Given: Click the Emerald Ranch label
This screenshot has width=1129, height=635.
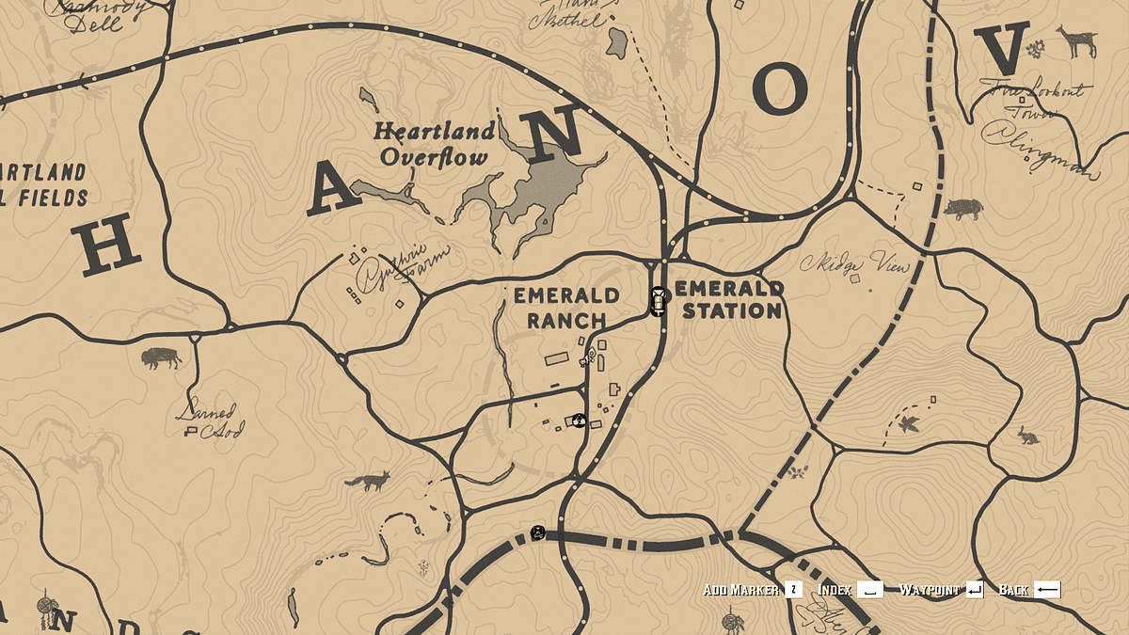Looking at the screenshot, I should [565, 308].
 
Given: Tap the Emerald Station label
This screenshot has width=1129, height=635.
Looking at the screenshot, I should [730, 299].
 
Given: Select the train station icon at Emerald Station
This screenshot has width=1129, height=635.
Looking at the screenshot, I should [659, 302].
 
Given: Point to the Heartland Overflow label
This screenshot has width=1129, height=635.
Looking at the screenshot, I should [434, 144].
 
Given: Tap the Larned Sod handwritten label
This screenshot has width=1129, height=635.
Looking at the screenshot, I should [212, 421].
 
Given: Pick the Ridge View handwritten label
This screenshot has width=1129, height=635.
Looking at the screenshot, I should [855, 265].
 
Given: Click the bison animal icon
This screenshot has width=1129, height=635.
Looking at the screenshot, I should [160, 357].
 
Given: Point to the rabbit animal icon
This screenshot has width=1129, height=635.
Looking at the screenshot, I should [1028, 436].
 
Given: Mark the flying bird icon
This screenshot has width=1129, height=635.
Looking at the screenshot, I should [908, 424].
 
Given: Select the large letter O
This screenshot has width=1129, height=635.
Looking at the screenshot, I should [780, 91].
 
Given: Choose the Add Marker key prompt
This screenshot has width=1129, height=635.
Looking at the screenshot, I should [753, 590].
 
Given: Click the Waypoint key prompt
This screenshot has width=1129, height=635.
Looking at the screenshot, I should [941, 590].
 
